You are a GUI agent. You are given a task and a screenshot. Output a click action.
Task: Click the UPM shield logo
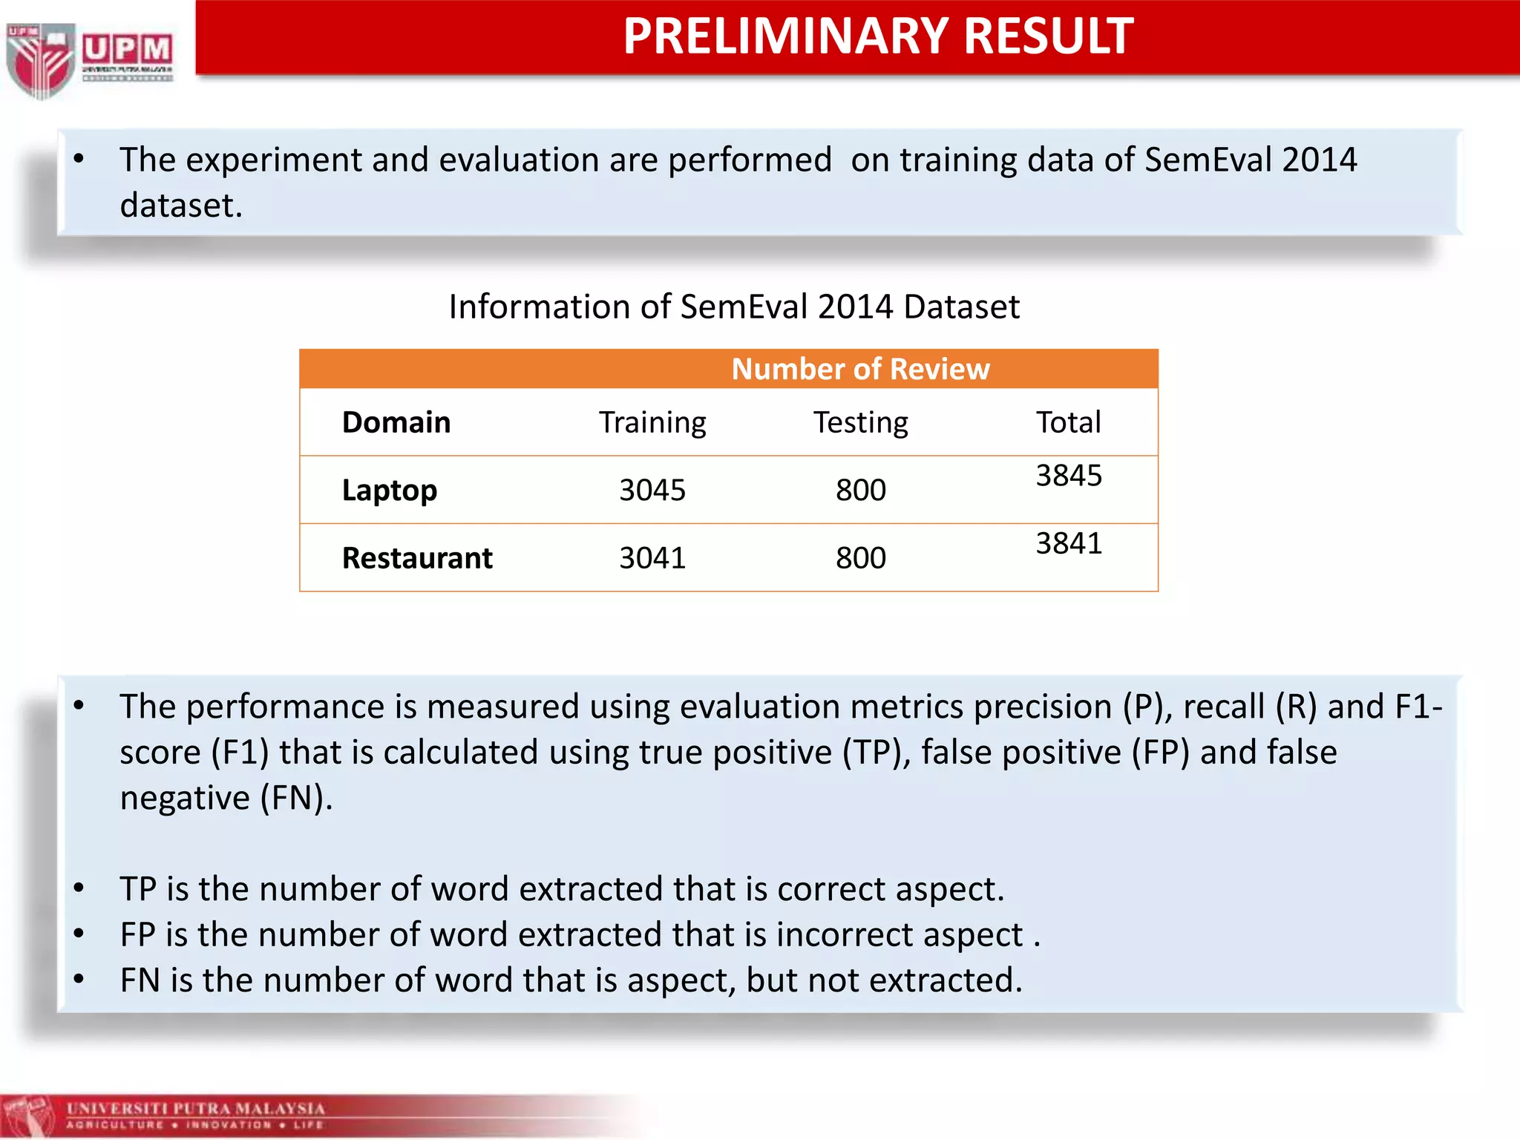[41, 59]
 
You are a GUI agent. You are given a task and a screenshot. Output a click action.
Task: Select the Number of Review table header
[860, 369]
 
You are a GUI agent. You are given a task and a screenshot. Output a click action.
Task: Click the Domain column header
[396, 422]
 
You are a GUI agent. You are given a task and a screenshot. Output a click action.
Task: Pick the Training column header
[652, 422]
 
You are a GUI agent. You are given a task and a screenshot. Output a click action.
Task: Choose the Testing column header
[860, 422]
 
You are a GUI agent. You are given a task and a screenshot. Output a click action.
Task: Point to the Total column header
[1068, 422]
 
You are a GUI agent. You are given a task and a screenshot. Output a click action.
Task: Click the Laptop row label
[390, 491]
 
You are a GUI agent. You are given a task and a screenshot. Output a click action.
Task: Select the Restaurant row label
[417, 558]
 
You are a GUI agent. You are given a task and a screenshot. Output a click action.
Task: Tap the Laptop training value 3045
[652, 491]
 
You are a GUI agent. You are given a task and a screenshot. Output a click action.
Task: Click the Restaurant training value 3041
[652, 558]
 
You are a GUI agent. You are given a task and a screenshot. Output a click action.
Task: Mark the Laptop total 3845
[1069, 476]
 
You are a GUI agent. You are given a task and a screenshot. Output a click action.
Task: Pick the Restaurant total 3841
[1069, 543]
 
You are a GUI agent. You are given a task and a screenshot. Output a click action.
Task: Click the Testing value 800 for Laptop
[860, 491]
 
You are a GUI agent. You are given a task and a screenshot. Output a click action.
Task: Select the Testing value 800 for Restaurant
[860, 558]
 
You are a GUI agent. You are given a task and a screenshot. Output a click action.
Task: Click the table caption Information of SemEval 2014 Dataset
[734, 307]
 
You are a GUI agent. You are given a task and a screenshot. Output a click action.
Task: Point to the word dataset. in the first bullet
[181, 206]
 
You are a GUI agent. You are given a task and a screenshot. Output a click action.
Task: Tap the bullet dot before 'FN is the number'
[79, 979]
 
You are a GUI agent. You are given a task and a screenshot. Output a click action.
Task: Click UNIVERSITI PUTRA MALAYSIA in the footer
[196, 1109]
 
